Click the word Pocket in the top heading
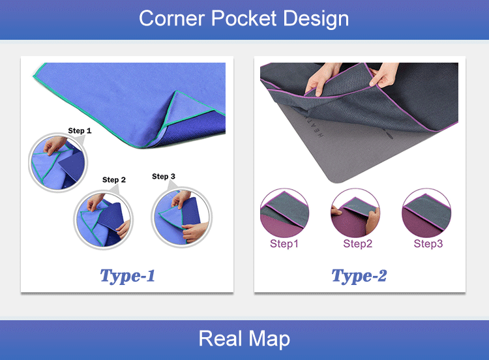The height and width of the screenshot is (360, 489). coord(244,18)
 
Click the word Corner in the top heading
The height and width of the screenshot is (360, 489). coord(172,18)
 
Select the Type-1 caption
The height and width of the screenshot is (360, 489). coord(127,276)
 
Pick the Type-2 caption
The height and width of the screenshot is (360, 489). coord(359,276)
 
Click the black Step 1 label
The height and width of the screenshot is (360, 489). coord(80,130)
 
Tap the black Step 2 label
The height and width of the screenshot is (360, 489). coord(114,180)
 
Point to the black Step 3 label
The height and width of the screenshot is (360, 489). coord(164,176)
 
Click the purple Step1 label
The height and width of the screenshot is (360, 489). coord(284,244)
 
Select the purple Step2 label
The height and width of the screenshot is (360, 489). coord(358,244)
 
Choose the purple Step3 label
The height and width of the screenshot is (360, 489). coord(428,244)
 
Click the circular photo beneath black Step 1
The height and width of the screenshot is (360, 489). coord(58,162)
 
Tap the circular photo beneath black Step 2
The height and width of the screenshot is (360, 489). coord(104,220)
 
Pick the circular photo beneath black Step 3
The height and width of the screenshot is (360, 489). coord(181,217)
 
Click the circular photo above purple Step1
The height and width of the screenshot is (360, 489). coord(284,213)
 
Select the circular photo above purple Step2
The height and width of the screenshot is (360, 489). coord(355,213)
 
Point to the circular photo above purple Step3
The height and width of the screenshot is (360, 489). coord(426,213)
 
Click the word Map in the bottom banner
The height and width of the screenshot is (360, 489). coord(269,339)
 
